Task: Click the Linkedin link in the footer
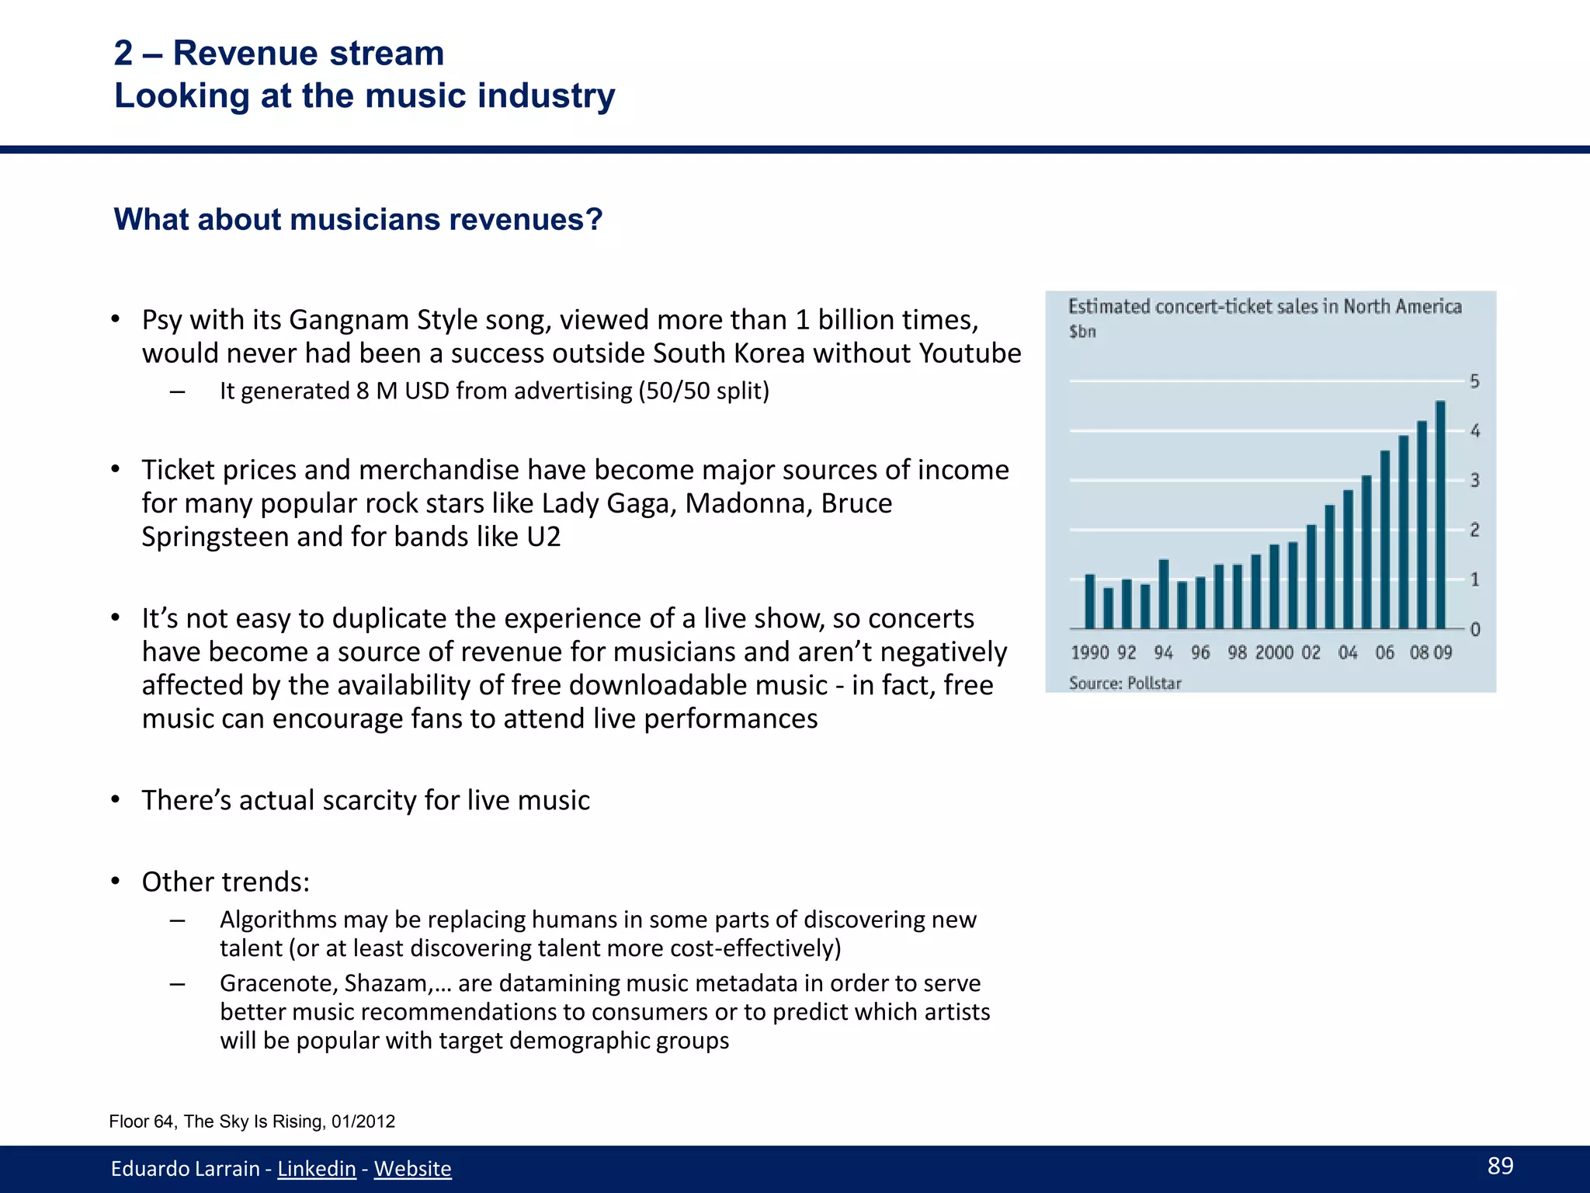pos(317,1168)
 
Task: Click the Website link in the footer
pos(412,1168)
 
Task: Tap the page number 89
pos(1500,1165)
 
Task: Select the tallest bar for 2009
pos(1440,514)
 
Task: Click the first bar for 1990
pos(1089,601)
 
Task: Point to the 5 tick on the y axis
pos(1474,381)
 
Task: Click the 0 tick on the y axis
pos(1474,629)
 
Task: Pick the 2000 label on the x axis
pos(1274,652)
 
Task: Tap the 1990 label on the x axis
pos(1089,652)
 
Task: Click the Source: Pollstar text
pos(1125,683)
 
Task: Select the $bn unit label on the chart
pos(1082,332)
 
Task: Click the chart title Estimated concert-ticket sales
pos(1264,307)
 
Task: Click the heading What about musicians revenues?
pos(358,220)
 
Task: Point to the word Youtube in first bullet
pos(970,353)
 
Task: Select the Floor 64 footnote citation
pos(252,1122)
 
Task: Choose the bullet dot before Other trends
pos(115,882)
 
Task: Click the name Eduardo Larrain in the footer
pos(185,1168)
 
